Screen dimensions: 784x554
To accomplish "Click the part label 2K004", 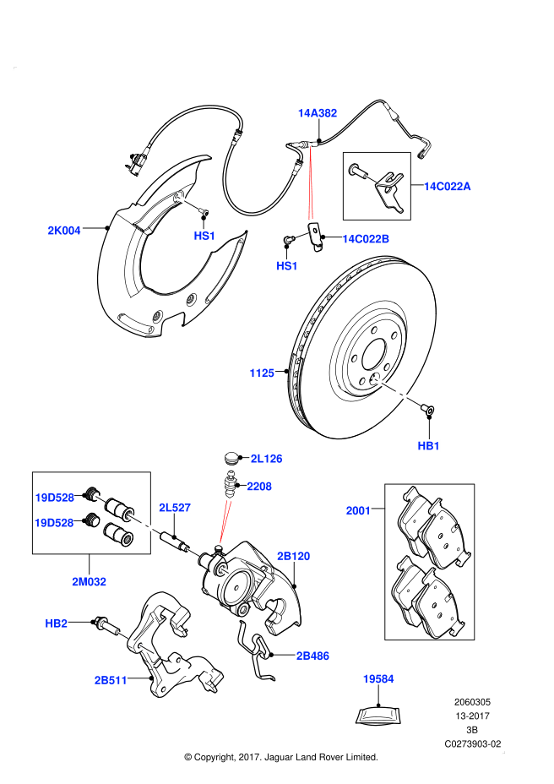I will [64, 230].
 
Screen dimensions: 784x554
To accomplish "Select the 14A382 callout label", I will [317, 112].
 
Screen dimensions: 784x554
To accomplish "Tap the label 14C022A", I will [447, 186].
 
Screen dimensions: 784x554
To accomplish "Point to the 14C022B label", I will [366, 239].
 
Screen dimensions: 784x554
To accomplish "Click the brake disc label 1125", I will [262, 373].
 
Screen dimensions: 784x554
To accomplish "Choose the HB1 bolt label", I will [429, 445].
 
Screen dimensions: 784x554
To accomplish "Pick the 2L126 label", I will [266, 459].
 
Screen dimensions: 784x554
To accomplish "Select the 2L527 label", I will [175, 507].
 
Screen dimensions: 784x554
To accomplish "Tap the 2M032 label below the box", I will [90, 581].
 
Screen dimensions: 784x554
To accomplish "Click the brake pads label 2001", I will [358, 510].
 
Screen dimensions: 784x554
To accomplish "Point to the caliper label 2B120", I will [294, 556].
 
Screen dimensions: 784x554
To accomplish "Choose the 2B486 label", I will [312, 655].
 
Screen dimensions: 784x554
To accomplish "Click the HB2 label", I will [56, 623].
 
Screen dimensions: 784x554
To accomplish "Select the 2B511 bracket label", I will [110, 678].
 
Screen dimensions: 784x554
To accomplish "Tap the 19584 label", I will [378, 678].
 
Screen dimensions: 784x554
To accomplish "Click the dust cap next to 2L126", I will [231, 458].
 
